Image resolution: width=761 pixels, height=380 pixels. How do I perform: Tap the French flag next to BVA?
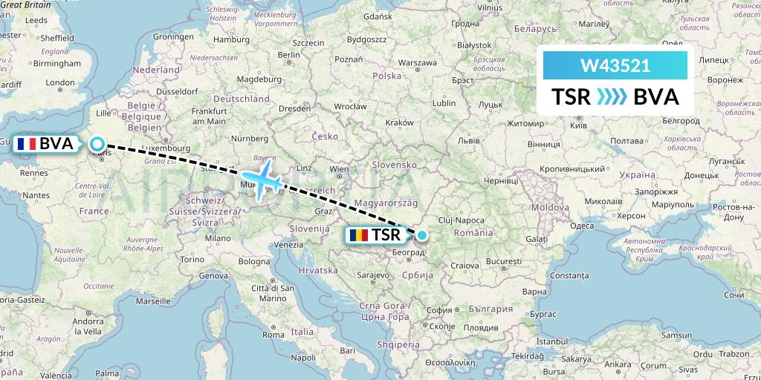pos(28,144)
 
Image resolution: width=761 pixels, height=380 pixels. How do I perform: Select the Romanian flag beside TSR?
pos(358,236)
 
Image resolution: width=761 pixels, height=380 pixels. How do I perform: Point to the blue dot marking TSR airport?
pos(422,236)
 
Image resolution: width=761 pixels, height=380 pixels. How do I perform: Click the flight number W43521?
pos(615,65)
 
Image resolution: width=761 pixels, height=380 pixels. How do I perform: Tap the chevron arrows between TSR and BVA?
pos(612,97)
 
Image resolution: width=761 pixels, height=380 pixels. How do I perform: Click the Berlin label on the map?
pos(288,55)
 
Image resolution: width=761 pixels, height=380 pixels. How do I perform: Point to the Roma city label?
pos(273,334)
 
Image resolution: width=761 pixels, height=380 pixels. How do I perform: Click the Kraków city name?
pos(400,122)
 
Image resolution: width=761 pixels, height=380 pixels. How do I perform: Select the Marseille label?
pos(153,302)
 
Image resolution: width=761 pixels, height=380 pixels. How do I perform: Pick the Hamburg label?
pos(230,39)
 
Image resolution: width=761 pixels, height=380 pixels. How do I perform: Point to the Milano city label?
pos(218,238)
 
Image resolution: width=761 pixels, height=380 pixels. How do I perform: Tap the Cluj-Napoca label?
pos(461,220)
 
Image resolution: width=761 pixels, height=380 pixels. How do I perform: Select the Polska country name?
pos(386,76)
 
